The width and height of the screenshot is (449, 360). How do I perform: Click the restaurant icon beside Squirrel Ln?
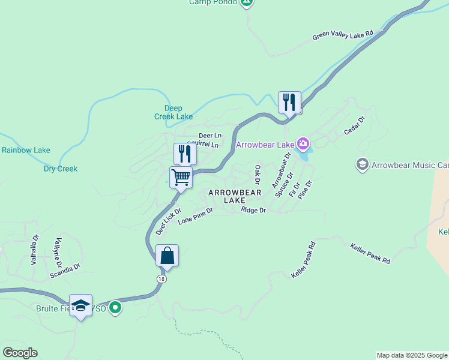(x=184, y=154)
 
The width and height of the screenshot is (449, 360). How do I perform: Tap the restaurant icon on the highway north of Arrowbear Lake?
(x=289, y=103)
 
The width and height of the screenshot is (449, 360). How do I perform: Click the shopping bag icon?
(x=167, y=256)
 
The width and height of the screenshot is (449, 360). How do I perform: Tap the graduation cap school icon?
(x=80, y=306)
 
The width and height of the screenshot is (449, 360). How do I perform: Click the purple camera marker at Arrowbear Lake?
(x=304, y=144)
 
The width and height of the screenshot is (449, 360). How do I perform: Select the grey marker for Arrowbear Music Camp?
(x=362, y=164)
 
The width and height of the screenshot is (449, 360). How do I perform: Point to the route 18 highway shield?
(x=161, y=279)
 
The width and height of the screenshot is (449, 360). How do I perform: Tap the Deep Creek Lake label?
(x=173, y=112)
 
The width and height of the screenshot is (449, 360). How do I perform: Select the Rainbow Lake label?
(x=26, y=150)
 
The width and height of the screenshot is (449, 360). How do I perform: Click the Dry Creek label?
(x=61, y=169)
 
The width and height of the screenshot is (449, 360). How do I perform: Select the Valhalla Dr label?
(x=35, y=250)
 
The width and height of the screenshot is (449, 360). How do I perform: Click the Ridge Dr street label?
(x=253, y=210)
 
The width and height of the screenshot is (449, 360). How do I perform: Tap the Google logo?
(x=20, y=353)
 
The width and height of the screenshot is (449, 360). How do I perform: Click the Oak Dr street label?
(x=258, y=175)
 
